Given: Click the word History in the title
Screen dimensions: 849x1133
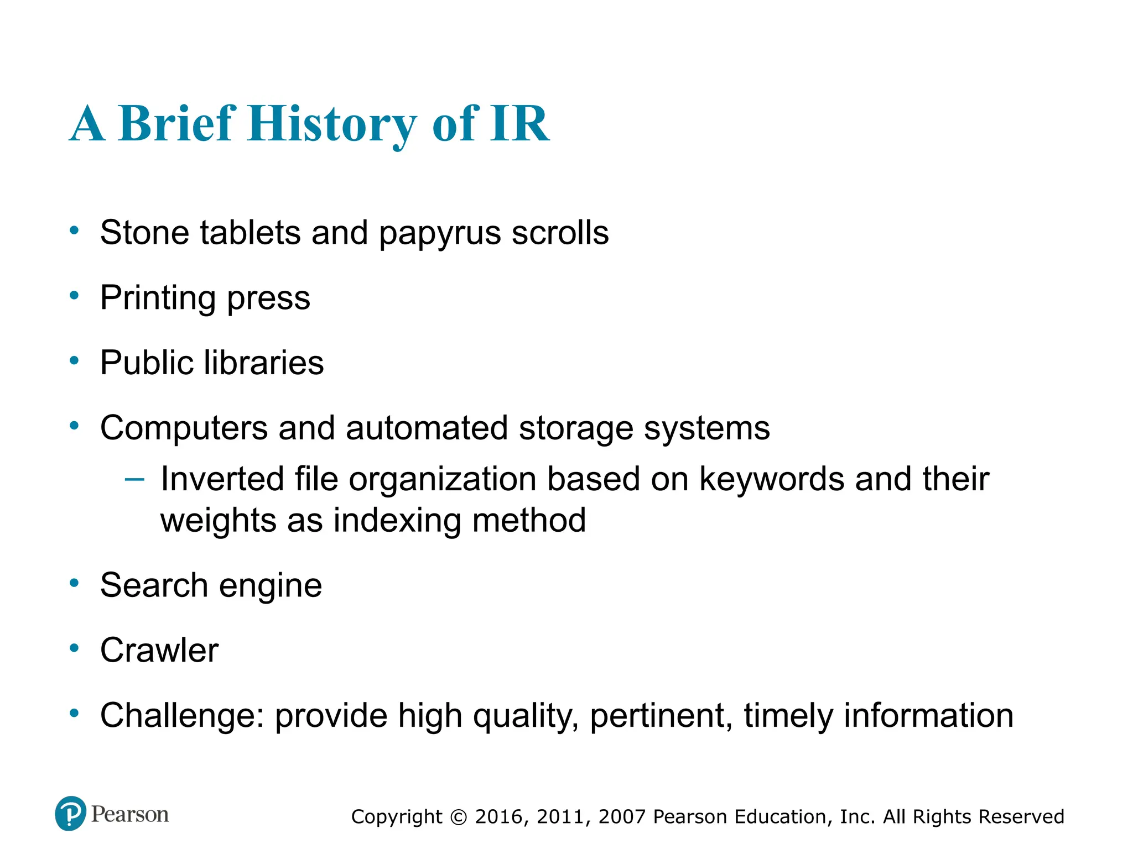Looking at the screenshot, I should pyautogui.click(x=332, y=124).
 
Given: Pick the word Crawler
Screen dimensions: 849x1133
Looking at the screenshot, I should pyautogui.click(x=159, y=651).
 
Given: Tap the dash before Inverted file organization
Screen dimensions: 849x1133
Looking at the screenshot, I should pyautogui.click(x=134, y=479).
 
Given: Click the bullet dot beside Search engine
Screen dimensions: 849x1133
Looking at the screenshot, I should pyautogui.click(x=74, y=584).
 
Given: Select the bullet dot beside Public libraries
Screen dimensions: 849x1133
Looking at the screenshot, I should pyautogui.click(x=74, y=361).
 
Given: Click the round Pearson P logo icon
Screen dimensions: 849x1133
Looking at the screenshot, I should pyautogui.click(x=71, y=814).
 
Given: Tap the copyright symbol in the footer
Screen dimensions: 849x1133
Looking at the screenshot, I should pyautogui.click(x=459, y=817).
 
